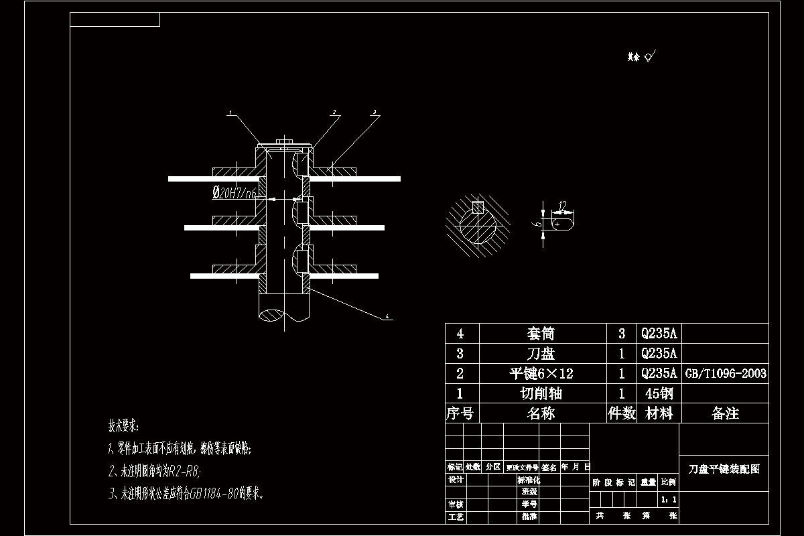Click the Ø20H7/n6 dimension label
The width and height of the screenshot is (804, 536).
pyautogui.click(x=236, y=193)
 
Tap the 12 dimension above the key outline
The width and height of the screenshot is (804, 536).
pyautogui.click(x=562, y=204)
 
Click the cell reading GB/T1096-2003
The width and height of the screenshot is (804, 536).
pyautogui.click(x=725, y=373)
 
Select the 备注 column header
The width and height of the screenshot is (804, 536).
pyautogui.click(x=725, y=413)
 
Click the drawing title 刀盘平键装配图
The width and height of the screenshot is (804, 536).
pyautogui.click(x=724, y=470)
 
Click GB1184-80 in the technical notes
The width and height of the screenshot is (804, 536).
pyautogui.click(x=211, y=494)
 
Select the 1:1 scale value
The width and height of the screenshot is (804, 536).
pyautogui.click(x=668, y=499)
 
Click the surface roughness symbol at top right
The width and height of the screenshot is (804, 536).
pyautogui.click(x=649, y=58)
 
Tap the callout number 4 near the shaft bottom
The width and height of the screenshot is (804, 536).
pyautogui.click(x=387, y=316)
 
